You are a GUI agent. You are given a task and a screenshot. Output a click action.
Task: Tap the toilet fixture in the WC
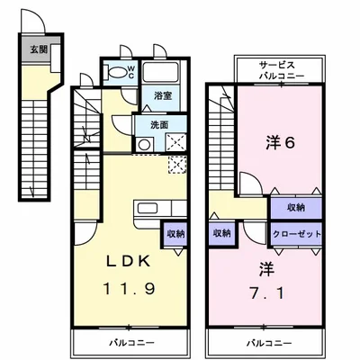pos(116,71)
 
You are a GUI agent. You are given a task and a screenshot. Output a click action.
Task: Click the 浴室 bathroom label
pos(162,94)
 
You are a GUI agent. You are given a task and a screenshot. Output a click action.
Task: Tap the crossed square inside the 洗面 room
pos(176,141)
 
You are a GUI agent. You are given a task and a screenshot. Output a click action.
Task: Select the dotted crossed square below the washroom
pos(176,165)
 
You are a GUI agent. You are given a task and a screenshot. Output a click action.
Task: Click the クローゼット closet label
pos(294,233)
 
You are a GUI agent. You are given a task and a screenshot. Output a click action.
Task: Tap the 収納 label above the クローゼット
pos(294,207)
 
